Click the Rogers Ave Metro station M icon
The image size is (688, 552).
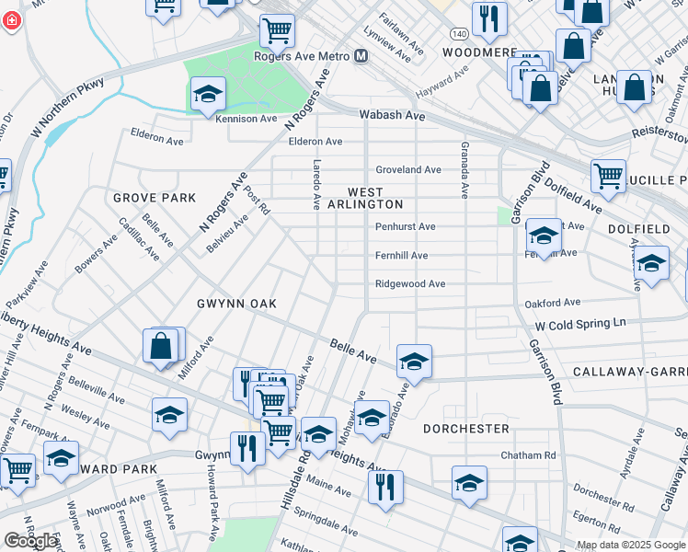361,57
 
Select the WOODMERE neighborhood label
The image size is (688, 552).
479,53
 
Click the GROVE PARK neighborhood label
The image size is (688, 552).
155,198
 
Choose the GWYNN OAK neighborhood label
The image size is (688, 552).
236,304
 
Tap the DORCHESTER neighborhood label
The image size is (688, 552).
466,429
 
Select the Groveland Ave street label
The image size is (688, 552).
408,170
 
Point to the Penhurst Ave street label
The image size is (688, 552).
405,226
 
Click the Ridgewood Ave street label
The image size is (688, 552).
410,284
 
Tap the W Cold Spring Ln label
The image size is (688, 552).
580,324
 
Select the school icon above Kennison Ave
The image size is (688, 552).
209,94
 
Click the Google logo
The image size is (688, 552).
30,541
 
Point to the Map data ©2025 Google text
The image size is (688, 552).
630,545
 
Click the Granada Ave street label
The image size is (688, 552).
465,171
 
